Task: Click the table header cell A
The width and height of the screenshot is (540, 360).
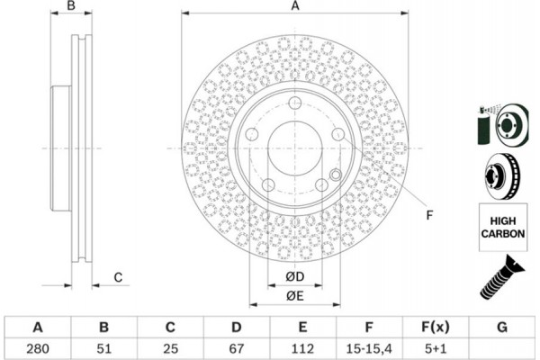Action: point(37,326)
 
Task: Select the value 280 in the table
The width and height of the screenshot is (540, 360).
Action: point(37,346)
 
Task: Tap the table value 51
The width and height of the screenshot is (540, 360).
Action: point(103,346)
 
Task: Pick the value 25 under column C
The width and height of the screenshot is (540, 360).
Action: point(170,346)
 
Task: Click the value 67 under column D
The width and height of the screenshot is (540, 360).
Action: point(237,346)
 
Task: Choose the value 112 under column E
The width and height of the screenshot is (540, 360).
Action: point(303,346)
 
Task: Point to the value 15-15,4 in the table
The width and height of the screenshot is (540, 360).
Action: point(370,346)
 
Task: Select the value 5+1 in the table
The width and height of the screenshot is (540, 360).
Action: point(436,346)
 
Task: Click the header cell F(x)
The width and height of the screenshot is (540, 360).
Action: point(436,326)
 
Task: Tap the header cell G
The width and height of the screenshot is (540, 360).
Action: point(502,326)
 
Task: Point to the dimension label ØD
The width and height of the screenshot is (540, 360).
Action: point(294,275)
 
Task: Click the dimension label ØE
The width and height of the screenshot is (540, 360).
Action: point(294,296)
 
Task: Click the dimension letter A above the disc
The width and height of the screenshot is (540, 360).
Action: point(294,6)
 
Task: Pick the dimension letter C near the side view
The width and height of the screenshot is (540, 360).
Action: point(118,277)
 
